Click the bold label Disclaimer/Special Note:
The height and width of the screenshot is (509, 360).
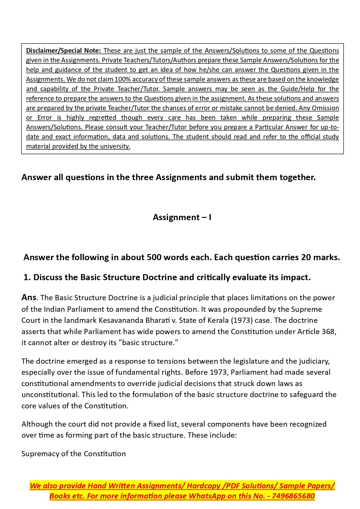click(63, 50)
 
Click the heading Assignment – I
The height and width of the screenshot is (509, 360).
click(182, 217)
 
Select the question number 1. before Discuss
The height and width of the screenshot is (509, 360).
click(27, 277)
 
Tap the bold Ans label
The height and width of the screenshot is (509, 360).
click(29, 298)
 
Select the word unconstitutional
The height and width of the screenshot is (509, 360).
click(50, 394)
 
